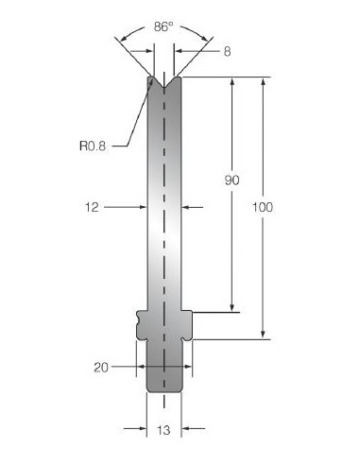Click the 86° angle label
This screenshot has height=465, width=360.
tap(163, 26)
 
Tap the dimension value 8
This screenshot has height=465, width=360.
tap(227, 51)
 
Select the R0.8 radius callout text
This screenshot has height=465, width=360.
tap(93, 146)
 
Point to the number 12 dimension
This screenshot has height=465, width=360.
tap(92, 207)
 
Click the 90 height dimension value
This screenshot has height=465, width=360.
tap(231, 180)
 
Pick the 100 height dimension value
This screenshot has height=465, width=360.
tap(263, 207)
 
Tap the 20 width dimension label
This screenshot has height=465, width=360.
tap(101, 368)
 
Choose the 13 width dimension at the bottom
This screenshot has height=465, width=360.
tap(163, 430)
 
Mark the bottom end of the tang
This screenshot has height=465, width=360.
tap(164, 391)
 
